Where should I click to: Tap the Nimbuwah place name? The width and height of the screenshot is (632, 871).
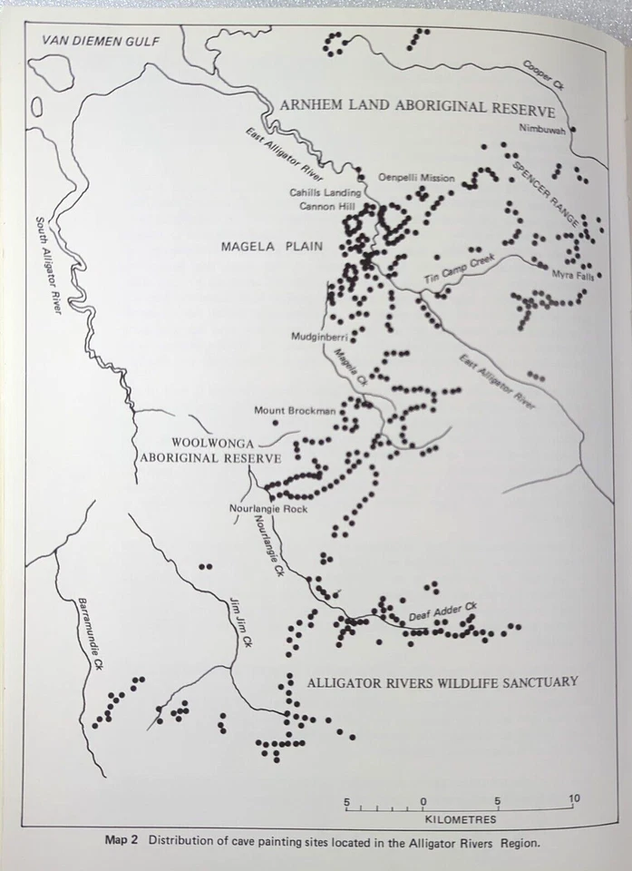click(x=542, y=129)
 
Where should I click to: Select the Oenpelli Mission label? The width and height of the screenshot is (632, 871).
click(x=415, y=178)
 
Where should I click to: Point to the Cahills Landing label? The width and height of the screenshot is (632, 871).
click(x=326, y=192)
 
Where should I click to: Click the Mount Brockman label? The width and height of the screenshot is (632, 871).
click(x=295, y=410)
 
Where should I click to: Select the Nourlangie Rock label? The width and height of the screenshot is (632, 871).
click(x=268, y=509)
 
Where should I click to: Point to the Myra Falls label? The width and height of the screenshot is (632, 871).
click(x=572, y=275)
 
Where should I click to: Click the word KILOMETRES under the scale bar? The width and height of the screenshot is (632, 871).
click(x=461, y=819)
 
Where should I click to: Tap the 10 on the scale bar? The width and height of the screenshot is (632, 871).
click(x=573, y=798)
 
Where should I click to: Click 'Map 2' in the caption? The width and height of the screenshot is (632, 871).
click(x=121, y=840)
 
